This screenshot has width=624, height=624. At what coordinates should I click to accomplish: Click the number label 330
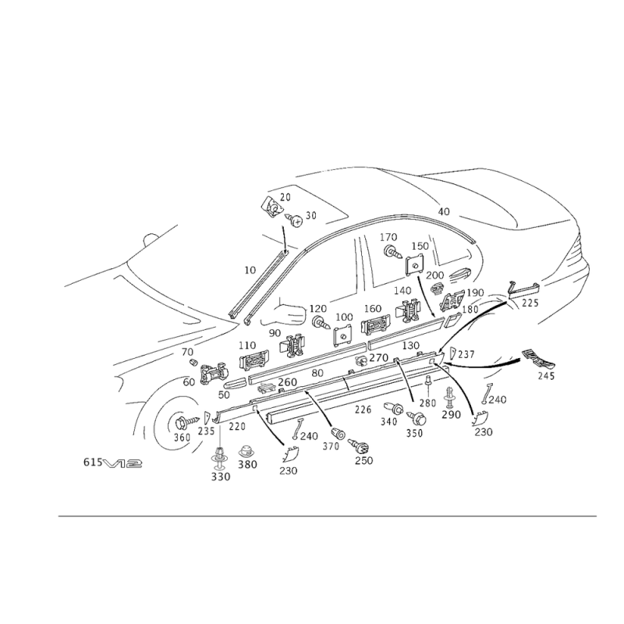tap(222, 476)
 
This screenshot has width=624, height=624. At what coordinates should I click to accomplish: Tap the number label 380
tap(248, 464)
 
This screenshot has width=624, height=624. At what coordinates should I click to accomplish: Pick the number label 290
tap(451, 415)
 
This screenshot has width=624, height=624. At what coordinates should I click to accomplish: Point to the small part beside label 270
tap(360, 360)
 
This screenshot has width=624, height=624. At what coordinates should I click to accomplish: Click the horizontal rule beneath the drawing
tap(328, 516)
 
